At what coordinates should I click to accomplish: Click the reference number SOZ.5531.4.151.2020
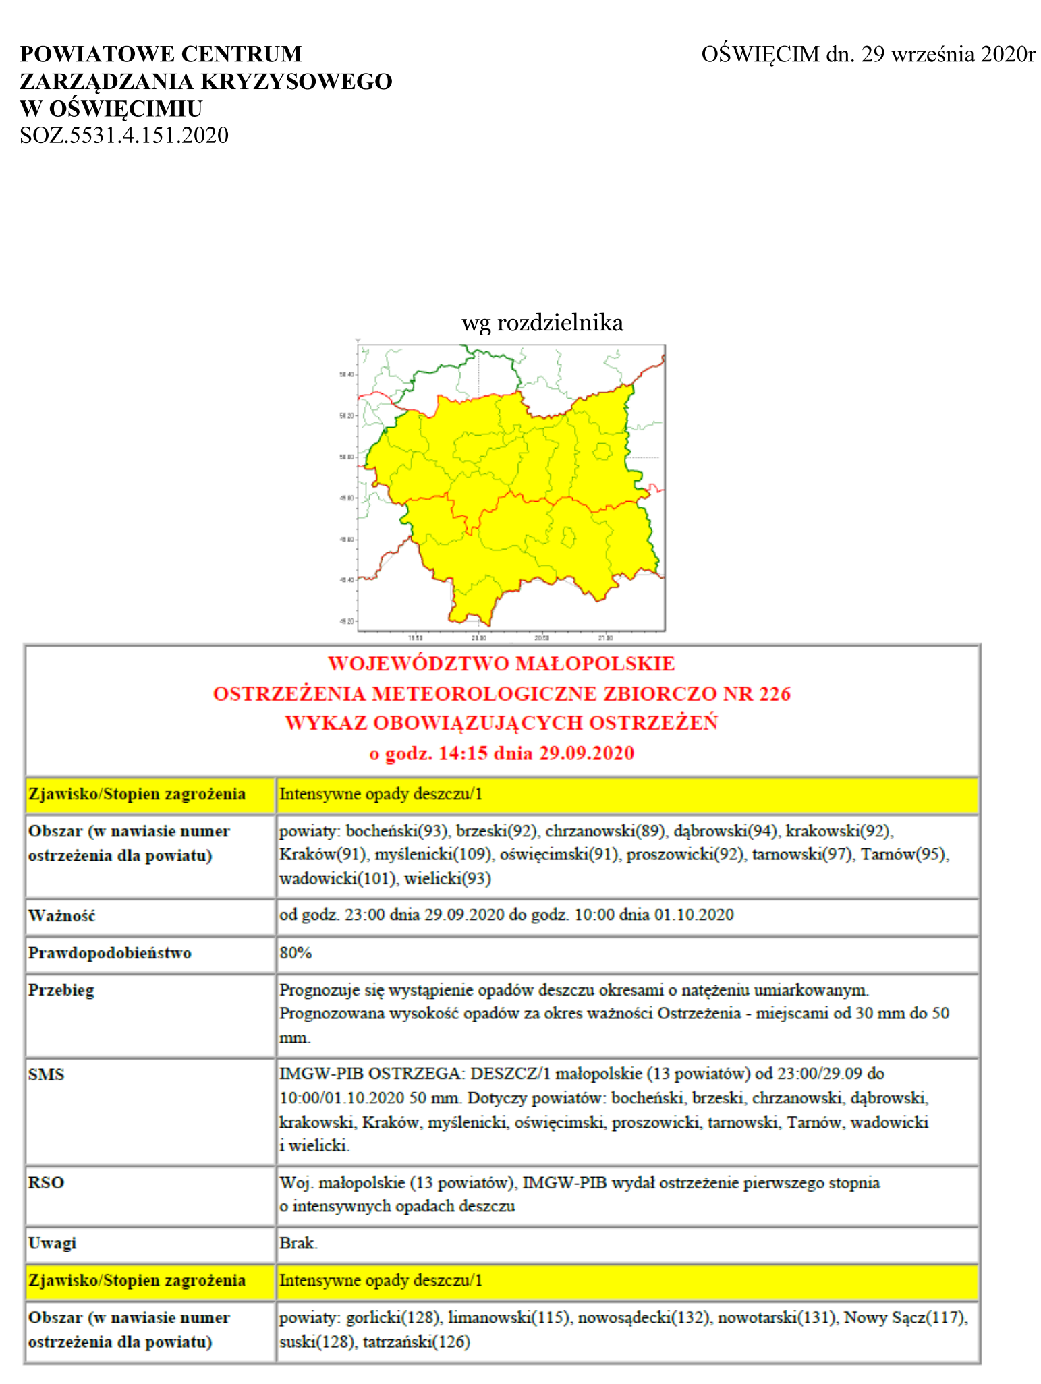[124, 136]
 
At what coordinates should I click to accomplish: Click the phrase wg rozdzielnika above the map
[542, 322]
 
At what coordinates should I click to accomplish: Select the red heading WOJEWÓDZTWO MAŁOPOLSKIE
[501, 664]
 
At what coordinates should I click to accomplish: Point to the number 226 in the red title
[774, 693]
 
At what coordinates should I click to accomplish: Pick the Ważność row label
[62, 916]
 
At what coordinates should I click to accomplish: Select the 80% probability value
[296, 953]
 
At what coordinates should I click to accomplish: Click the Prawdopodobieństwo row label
[110, 953]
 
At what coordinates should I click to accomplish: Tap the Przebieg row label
[61, 990]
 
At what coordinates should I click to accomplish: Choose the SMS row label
[47, 1074]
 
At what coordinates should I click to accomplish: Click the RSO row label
[47, 1182]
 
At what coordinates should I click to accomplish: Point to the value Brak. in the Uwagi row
[298, 1243]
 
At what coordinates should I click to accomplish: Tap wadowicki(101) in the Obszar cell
[337, 878]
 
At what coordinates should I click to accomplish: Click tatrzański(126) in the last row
[416, 1342]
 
